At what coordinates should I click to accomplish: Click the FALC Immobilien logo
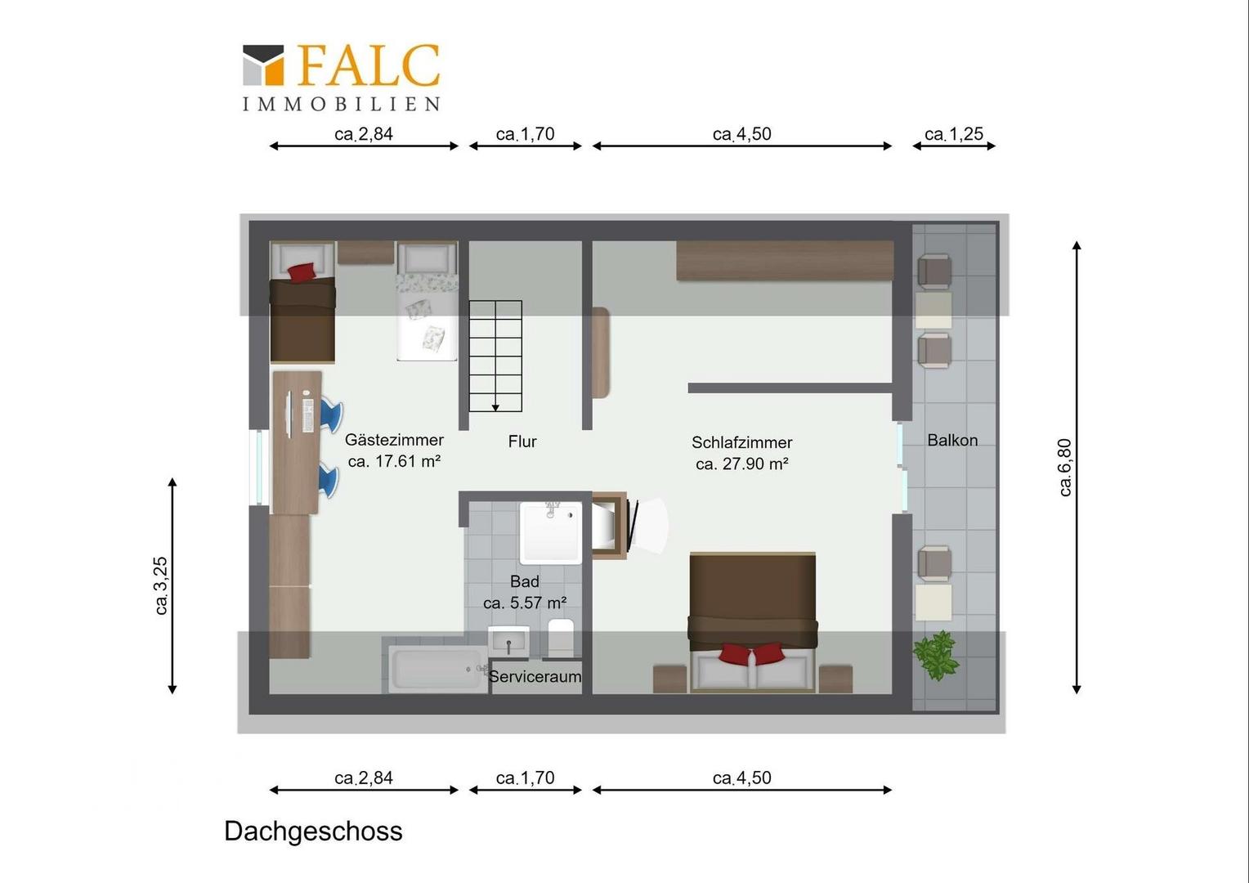(x=341, y=78)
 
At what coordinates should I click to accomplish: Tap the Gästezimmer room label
(x=394, y=440)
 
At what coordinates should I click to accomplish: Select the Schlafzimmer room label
(x=741, y=442)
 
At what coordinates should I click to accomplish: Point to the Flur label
(x=522, y=441)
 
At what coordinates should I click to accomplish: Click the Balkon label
(x=952, y=440)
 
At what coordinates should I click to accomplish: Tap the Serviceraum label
(x=535, y=677)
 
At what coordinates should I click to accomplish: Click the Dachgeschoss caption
(x=313, y=831)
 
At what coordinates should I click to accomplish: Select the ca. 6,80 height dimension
(x=1064, y=468)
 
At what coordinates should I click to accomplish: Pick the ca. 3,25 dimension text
(x=160, y=585)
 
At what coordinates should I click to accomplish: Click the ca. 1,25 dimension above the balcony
(x=953, y=134)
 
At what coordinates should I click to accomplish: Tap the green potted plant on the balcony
(x=936, y=655)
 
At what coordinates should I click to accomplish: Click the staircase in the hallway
(x=495, y=356)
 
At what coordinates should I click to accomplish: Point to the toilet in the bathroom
(x=561, y=637)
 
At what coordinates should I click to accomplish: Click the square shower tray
(x=551, y=533)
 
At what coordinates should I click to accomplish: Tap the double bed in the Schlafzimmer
(x=753, y=622)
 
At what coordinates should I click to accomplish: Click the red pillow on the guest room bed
(x=302, y=273)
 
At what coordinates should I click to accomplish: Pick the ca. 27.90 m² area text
(x=741, y=464)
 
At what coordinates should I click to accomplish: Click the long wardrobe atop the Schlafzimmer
(x=785, y=261)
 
